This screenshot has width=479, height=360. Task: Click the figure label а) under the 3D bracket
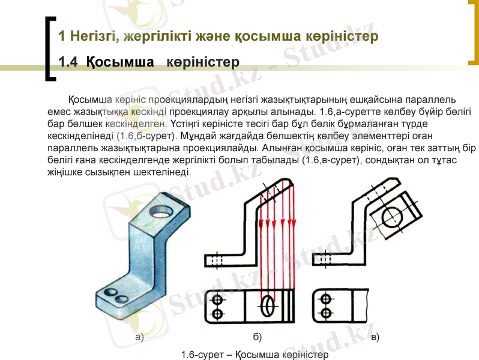pyautogui.click(x=139, y=337)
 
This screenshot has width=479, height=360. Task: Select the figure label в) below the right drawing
pyautogui.click(x=375, y=337)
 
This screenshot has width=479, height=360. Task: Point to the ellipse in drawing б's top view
pyautogui.click(x=267, y=306)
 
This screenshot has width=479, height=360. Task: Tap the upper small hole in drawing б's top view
pyautogui.click(x=217, y=299)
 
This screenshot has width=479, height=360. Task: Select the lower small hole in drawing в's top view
pyautogui.click(x=326, y=313)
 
